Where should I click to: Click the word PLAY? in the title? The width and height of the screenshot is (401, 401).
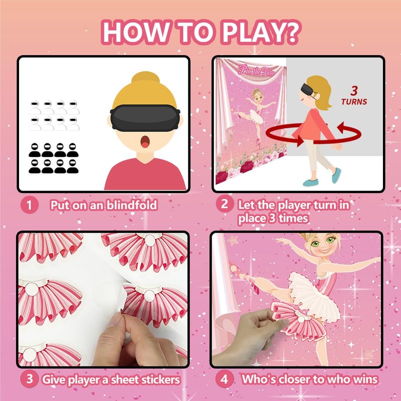[x=260, y=32]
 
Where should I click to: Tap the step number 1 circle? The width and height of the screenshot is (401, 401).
[x=30, y=205]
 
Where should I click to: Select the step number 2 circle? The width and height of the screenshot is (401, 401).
[x=224, y=204]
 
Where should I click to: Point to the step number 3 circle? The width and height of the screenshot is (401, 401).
[x=30, y=379]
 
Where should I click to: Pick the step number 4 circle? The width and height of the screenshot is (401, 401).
[x=224, y=379]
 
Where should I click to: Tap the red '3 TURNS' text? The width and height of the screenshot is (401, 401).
[x=354, y=96]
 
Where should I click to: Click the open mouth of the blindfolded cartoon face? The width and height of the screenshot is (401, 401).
[x=145, y=142]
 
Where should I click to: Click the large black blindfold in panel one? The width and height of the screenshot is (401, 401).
[x=145, y=118]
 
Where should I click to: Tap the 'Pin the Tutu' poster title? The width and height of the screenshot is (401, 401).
[x=256, y=71]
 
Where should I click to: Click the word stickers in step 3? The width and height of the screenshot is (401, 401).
[x=160, y=379]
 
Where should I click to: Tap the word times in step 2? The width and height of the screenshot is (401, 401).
[x=293, y=219]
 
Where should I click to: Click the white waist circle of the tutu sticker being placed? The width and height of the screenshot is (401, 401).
[x=301, y=319]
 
